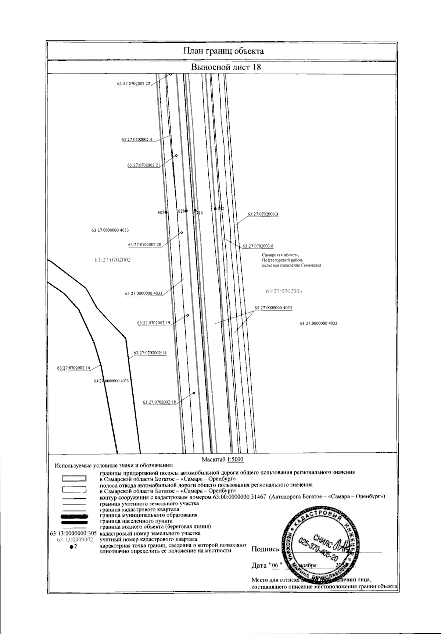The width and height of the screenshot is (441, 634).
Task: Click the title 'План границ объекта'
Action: coord(223,51)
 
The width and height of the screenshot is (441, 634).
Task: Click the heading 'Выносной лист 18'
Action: coord(226,67)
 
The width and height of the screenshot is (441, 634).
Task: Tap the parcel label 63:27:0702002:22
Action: coord(134,84)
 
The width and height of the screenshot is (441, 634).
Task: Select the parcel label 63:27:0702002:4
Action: coord(136,140)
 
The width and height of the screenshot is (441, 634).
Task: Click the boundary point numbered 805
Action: coord(166,213)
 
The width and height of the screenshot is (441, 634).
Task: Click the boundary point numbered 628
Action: coord(186,211)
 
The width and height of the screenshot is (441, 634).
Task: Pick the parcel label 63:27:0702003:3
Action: coord(263,214)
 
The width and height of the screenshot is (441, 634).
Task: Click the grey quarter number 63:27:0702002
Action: coord(112,260)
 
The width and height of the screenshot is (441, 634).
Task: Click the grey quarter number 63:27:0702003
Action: coord(284,291)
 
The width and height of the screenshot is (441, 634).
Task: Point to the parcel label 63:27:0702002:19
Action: coord(154,323)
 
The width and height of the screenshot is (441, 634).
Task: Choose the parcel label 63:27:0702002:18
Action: coord(159,402)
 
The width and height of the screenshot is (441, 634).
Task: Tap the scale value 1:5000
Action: coord(235,459)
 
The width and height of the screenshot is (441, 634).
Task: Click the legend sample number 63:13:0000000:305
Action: coord(73,533)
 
